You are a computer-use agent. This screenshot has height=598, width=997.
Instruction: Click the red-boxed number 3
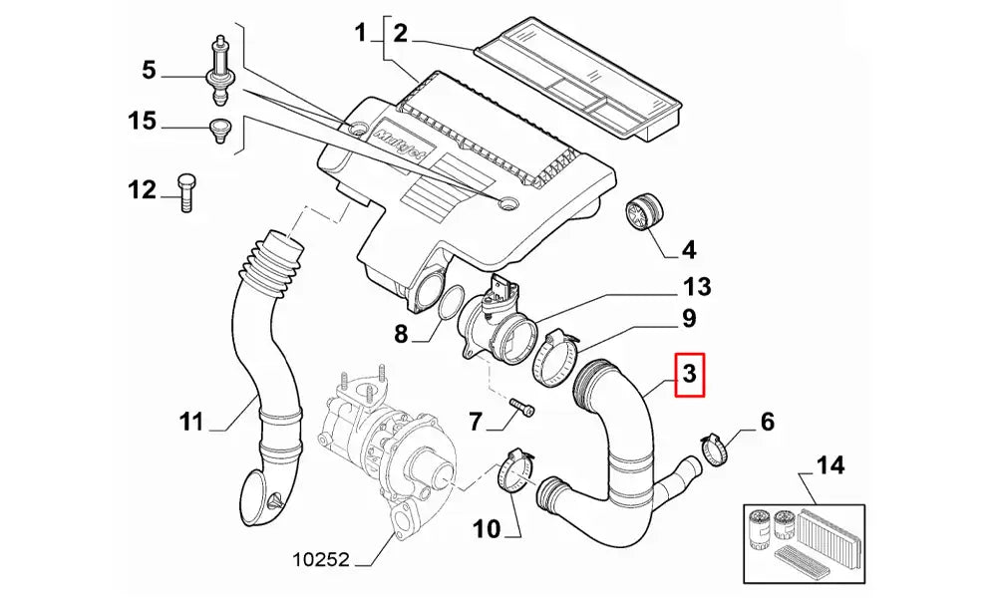pyautogui.click(x=689, y=375)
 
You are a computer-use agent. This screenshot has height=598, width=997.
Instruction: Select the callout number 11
pyautogui.click(x=191, y=423)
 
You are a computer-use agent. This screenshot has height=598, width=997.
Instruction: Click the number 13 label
pyautogui.click(x=697, y=288)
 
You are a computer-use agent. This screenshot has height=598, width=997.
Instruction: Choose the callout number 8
pyautogui.click(x=401, y=335)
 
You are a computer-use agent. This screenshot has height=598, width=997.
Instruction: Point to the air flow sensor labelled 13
pyautogui.click(x=498, y=324)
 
